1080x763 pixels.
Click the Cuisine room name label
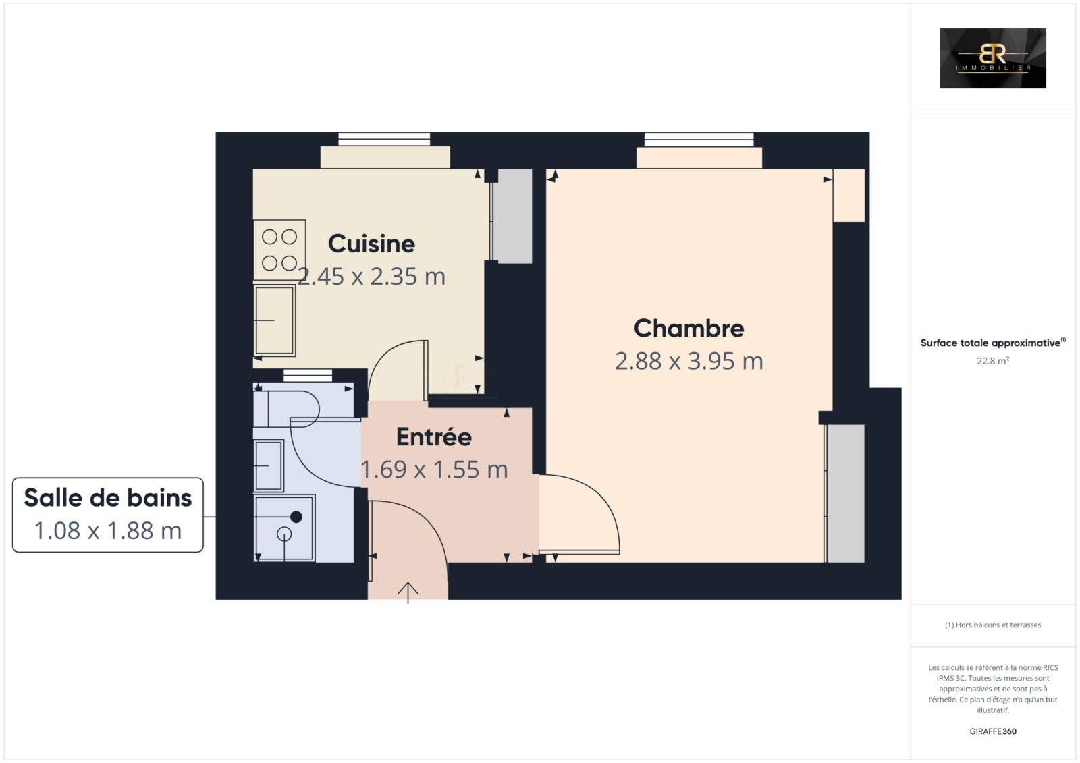371,244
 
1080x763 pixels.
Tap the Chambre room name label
688,329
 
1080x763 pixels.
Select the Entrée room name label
434,437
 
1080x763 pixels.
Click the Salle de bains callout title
108,498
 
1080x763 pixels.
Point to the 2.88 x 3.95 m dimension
688,362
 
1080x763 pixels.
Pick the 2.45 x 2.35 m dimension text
371,277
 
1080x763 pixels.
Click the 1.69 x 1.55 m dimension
434,470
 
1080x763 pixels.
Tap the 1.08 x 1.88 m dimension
108,531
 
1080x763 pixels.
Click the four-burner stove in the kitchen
279,250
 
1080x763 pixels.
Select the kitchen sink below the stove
274,320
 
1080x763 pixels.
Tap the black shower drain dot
296,517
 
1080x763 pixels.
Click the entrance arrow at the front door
408,592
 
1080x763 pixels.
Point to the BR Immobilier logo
993,58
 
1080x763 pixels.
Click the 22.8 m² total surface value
993,360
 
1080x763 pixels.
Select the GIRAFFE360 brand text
993,731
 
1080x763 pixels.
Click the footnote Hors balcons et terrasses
993,625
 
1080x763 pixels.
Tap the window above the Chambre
699,139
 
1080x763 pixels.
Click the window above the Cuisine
384,139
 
